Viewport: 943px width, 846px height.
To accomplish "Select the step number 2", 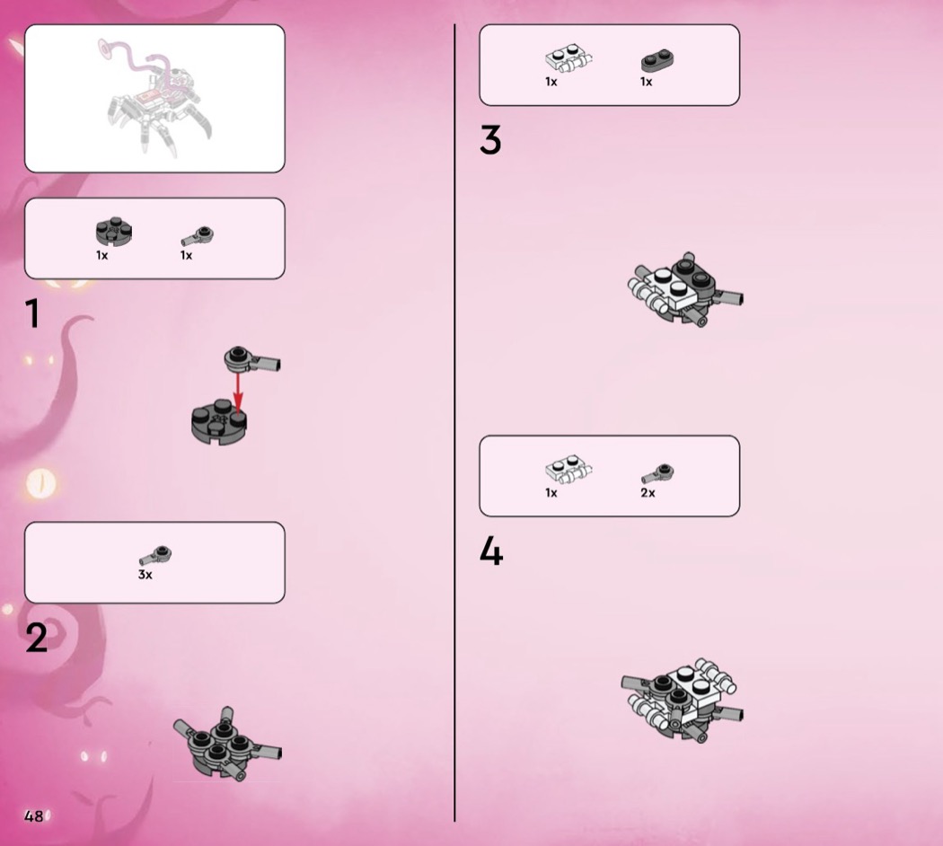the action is (x=36, y=638).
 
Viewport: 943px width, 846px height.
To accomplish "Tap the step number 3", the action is (x=490, y=140).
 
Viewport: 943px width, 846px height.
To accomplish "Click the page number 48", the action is (x=34, y=816).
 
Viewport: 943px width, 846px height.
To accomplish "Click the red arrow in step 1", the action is (x=238, y=393).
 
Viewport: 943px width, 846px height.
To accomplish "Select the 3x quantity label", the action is (x=145, y=575).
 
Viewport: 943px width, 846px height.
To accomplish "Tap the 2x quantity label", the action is (x=648, y=493).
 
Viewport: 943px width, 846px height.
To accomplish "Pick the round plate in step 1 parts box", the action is (x=114, y=232).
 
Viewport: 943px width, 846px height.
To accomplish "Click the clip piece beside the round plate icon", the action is (x=198, y=236).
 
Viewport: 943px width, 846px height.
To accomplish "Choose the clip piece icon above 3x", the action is (x=155, y=556).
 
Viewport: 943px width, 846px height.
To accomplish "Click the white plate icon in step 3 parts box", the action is (x=568, y=60).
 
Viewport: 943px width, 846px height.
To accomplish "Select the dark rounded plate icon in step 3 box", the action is (x=657, y=60).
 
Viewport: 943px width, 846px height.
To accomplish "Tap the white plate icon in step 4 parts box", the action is (x=568, y=471).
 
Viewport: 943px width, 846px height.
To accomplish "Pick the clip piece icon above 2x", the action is (x=657, y=474).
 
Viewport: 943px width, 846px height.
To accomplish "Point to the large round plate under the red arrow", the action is (x=219, y=422).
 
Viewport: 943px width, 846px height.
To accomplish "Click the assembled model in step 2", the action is (x=227, y=744).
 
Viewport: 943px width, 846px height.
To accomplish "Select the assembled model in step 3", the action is (x=684, y=290).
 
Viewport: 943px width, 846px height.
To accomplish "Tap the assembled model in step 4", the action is (x=682, y=701).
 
